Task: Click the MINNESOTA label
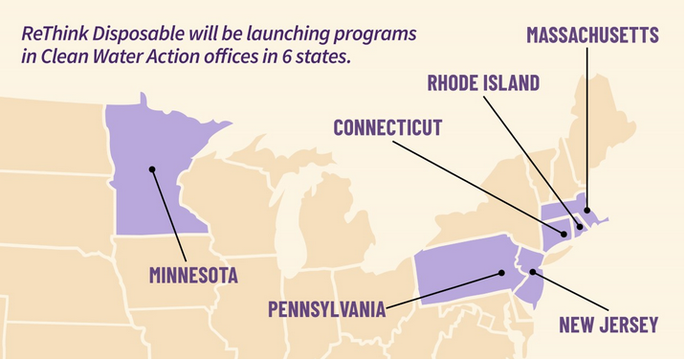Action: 193,276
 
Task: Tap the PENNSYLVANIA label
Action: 326,309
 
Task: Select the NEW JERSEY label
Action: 609,325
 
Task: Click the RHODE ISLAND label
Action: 483,82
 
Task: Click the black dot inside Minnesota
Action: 151,170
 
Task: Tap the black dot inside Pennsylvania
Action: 500,272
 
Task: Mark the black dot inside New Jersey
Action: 532,272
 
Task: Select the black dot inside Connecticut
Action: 564,233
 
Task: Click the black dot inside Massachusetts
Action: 587,213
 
